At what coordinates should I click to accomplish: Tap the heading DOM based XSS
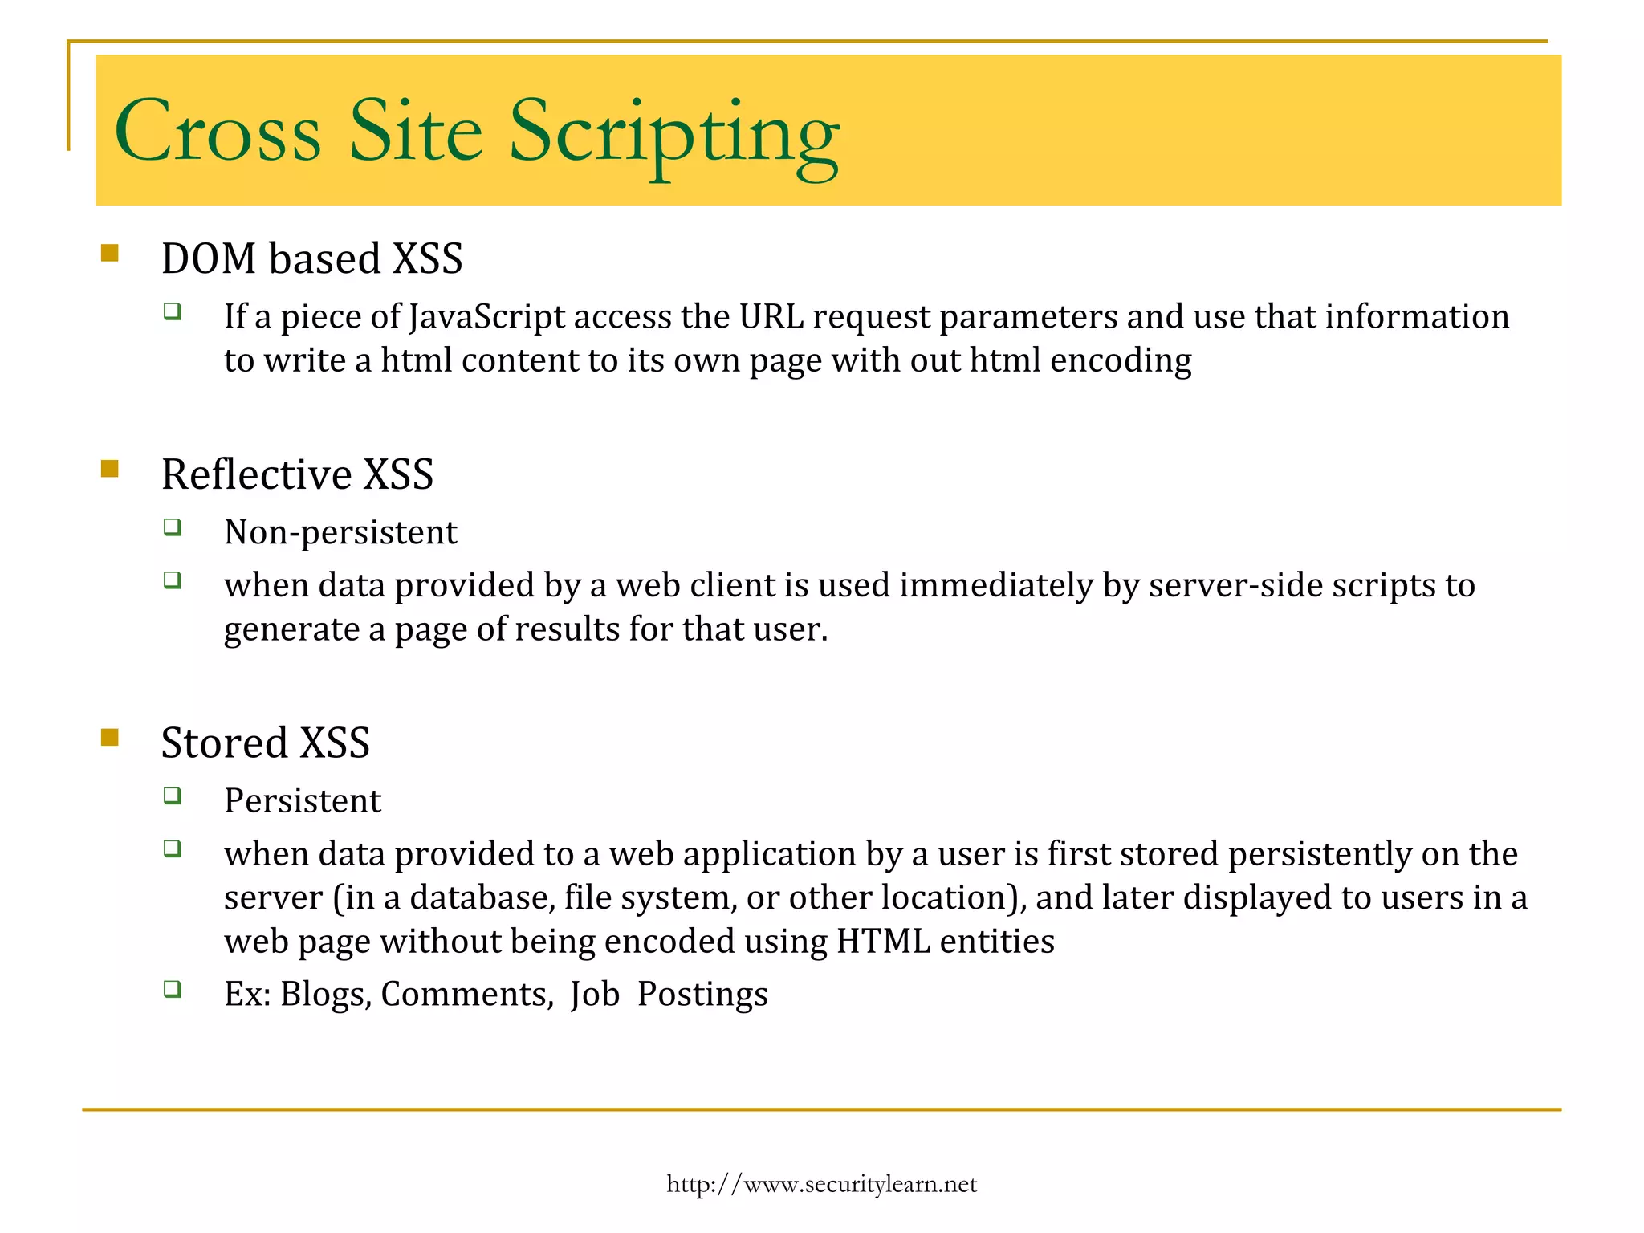[x=311, y=258]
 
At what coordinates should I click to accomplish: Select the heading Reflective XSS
[x=297, y=474]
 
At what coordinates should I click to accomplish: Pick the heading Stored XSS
[x=265, y=743]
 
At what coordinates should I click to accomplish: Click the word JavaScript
[x=486, y=317]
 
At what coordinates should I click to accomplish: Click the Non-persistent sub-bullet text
[x=340, y=532]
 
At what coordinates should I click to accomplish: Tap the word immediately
[x=995, y=585]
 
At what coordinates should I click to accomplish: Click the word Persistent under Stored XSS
[x=303, y=801]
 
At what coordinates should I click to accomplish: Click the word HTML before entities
[x=882, y=942]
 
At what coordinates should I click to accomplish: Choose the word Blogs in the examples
[x=324, y=995]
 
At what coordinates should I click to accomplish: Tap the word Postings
[x=702, y=995]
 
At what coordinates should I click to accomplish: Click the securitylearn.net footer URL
[x=821, y=1184]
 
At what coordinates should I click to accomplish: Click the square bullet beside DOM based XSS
[x=110, y=254]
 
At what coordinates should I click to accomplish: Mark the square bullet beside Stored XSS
[x=110, y=737]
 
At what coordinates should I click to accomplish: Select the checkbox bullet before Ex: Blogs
[x=172, y=988]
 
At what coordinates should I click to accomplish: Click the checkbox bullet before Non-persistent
[x=172, y=527]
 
